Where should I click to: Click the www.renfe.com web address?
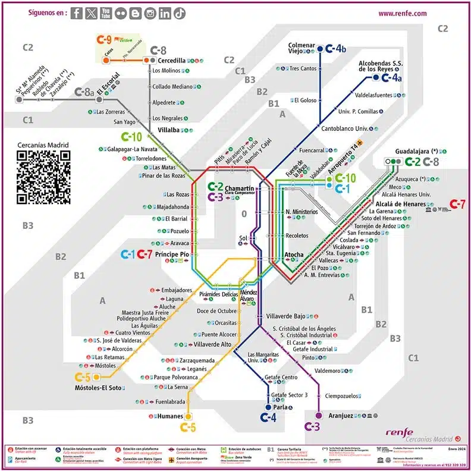click(x=403, y=13)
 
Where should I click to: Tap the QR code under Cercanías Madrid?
click(x=43, y=177)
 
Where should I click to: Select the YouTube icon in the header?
click(x=106, y=13)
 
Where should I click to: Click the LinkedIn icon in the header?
click(x=165, y=13)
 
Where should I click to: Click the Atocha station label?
click(x=294, y=255)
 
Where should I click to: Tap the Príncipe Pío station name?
click(x=172, y=255)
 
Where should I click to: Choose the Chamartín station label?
click(x=240, y=189)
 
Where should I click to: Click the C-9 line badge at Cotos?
click(x=104, y=40)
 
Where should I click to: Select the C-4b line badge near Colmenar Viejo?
click(x=338, y=49)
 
